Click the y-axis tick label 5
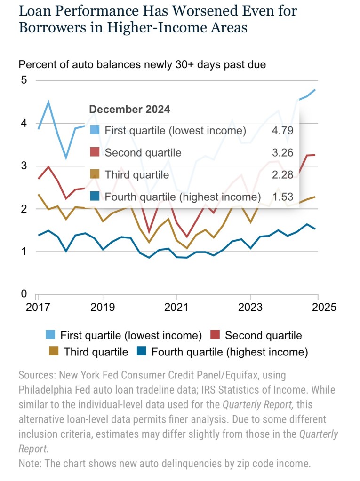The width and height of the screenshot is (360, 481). pyautogui.click(x=24, y=80)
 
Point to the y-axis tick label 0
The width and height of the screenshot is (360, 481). pyautogui.click(x=24, y=294)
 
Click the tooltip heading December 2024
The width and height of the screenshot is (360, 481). pyautogui.click(x=129, y=110)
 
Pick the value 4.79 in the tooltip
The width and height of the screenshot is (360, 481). pyautogui.click(x=282, y=130)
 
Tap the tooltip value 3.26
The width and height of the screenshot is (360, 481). pyautogui.click(x=282, y=153)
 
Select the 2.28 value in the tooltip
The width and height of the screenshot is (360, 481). pyautogui.click(x=282, y=175)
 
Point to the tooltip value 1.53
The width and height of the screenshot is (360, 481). pyautogui.click(x=282, y=197)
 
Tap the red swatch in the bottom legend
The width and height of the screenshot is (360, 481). pyautogui.click(x=215, y=335)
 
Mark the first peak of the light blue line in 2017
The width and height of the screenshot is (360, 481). pyautogui.click(x=49, y=102)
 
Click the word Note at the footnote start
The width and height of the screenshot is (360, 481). pyautogui.click(x=29, y=463)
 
